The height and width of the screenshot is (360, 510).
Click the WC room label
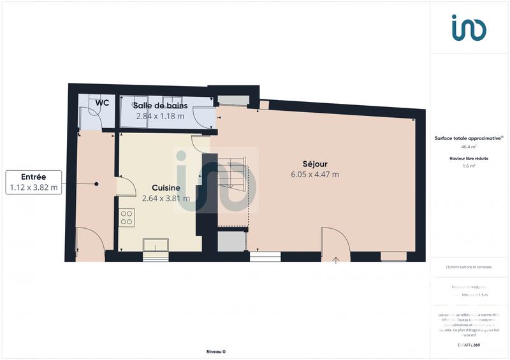102,103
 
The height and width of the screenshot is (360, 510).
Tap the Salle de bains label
159,105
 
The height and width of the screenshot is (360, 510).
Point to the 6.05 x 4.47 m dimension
315,174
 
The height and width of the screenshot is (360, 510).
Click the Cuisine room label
166,187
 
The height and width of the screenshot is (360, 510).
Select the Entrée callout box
34,182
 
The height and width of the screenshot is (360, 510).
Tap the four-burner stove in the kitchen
127,217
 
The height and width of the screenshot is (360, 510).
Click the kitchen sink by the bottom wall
156,245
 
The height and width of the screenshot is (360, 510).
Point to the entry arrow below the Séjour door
337,259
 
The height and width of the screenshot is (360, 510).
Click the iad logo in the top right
469,28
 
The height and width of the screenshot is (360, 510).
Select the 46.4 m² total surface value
469,146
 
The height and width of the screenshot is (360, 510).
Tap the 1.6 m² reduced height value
469,166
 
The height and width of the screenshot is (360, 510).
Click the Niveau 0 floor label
216,351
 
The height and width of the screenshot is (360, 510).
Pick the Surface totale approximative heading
469,138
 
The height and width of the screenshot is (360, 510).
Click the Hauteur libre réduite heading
469,157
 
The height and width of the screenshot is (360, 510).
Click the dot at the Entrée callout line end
97,184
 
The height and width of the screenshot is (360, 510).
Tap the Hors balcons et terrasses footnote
469,267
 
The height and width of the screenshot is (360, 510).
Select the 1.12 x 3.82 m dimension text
34,188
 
